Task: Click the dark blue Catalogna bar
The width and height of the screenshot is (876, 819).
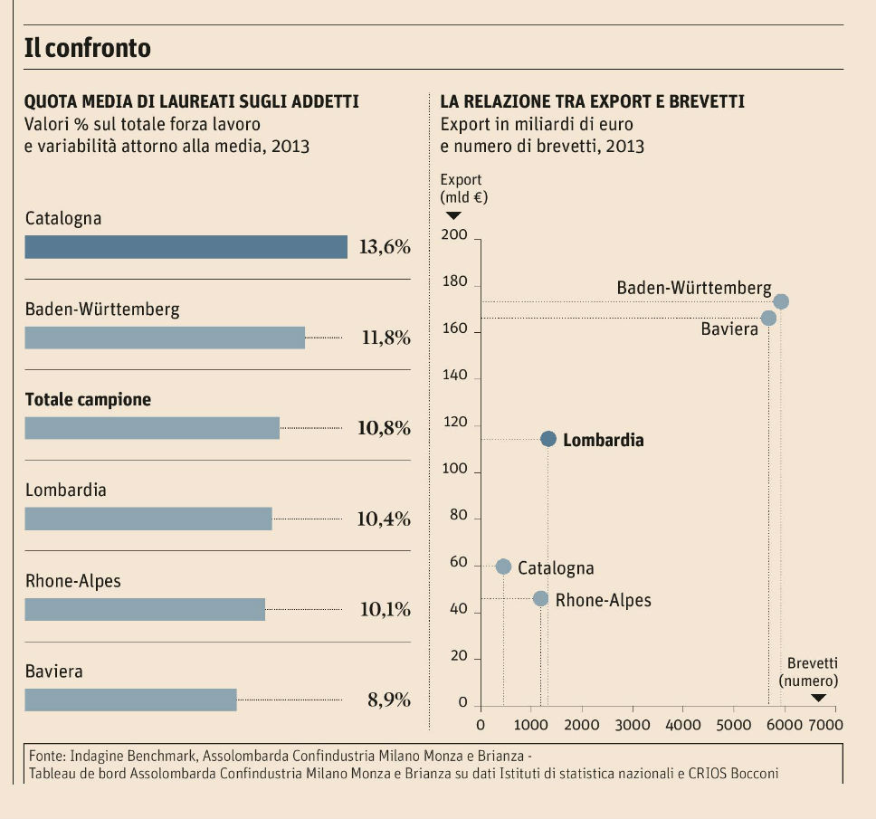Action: tap(186, 247)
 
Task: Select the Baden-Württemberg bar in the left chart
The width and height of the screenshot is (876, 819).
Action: tap(165, 338)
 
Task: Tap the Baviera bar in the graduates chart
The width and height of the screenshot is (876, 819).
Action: tap(130, 700)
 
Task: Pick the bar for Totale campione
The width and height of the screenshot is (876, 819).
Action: tap(152, 428)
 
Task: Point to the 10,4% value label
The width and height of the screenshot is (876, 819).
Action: tap(384, 519)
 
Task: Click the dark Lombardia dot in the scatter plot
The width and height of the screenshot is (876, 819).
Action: tap(548, 439)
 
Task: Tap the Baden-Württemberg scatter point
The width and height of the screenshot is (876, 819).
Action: tap(781, 301)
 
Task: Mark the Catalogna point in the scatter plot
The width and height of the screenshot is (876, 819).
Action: tap(504, 567)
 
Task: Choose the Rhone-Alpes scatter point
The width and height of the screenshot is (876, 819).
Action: tap(540, 598)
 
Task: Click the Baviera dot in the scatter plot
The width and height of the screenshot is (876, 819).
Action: tap(768, 318)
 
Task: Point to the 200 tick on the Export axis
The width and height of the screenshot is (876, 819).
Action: tap(454, 236)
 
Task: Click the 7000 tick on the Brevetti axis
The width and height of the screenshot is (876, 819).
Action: tap(826, 724)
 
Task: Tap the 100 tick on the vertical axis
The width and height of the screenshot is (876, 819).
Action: tap(454, 471)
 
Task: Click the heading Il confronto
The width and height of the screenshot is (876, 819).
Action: tap(87, 47)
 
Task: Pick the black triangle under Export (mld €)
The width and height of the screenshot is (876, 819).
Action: tap(453, 215)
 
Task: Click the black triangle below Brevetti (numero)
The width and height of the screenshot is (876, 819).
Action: tap(818, 697)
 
